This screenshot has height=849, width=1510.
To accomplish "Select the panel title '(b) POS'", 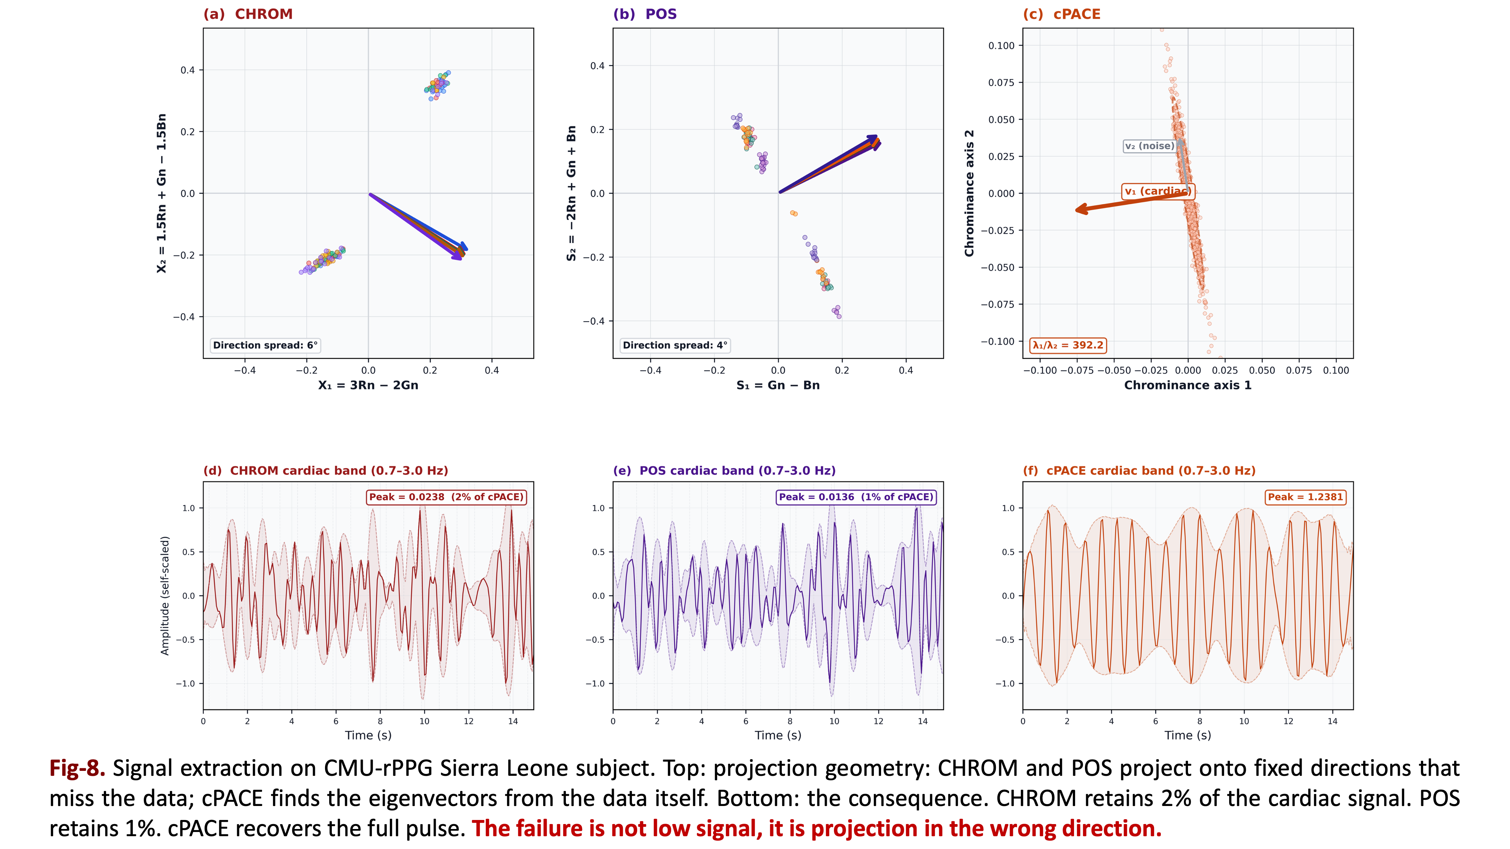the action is (x=645, y=14).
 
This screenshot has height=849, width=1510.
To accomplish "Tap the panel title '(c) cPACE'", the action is (x=1062, y=14).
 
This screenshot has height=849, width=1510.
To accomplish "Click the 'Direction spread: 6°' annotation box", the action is (x=265, y=345).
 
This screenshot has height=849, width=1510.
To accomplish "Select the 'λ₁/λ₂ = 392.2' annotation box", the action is (x=1068, y=345).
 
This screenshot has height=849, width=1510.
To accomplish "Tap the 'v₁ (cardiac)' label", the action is (x=1157, y=192).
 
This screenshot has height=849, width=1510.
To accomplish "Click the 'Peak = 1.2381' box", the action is (x=1305, y=497).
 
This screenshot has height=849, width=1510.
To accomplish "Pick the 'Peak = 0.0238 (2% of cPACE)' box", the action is (x=446, y=497).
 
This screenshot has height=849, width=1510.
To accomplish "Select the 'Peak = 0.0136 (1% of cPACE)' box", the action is (x=856, y=497).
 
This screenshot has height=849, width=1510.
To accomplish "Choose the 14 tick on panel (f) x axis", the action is (x=1333, y=721).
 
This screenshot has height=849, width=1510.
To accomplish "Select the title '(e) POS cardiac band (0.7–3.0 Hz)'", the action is (x=724, y=471).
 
